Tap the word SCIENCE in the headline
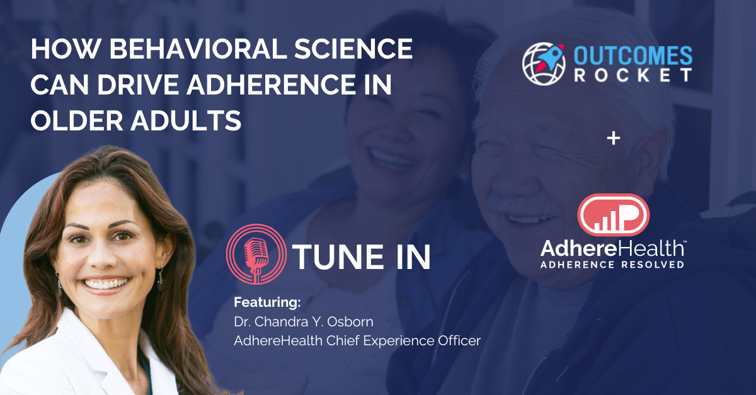[x=353, y=49]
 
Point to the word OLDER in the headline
[x=77, y=120]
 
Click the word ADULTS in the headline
[x=186, y=120]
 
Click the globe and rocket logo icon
[x=544, y=64]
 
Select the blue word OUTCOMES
[x=633, y=55]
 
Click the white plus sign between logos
[x=613, y=139]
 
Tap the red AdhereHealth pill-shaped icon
[x=613, y=215]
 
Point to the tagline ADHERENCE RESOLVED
[x=612, y=265]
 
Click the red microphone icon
[x=256, y=255]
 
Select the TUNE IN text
[x=362, y=257]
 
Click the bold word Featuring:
[x=267, y=302]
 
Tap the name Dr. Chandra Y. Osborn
[x=304, y=322]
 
